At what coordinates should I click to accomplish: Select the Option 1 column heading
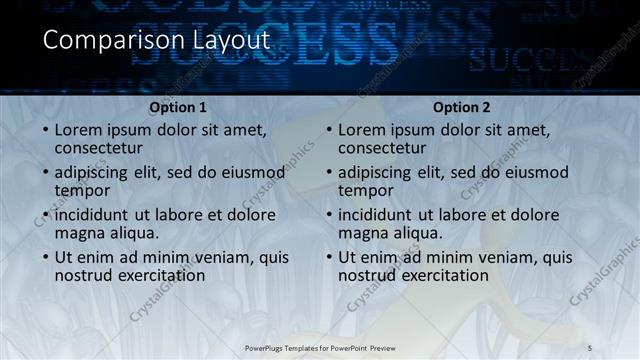178,107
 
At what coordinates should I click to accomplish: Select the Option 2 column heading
462,107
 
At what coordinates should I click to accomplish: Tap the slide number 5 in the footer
591,347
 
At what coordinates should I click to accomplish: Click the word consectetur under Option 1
101,148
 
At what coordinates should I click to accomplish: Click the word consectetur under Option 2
385,148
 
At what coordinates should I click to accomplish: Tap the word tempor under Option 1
82,190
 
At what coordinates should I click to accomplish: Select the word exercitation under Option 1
158,275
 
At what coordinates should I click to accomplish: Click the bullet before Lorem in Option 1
44,130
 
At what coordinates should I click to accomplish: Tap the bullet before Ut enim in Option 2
328,257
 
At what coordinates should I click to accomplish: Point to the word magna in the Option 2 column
362,233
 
